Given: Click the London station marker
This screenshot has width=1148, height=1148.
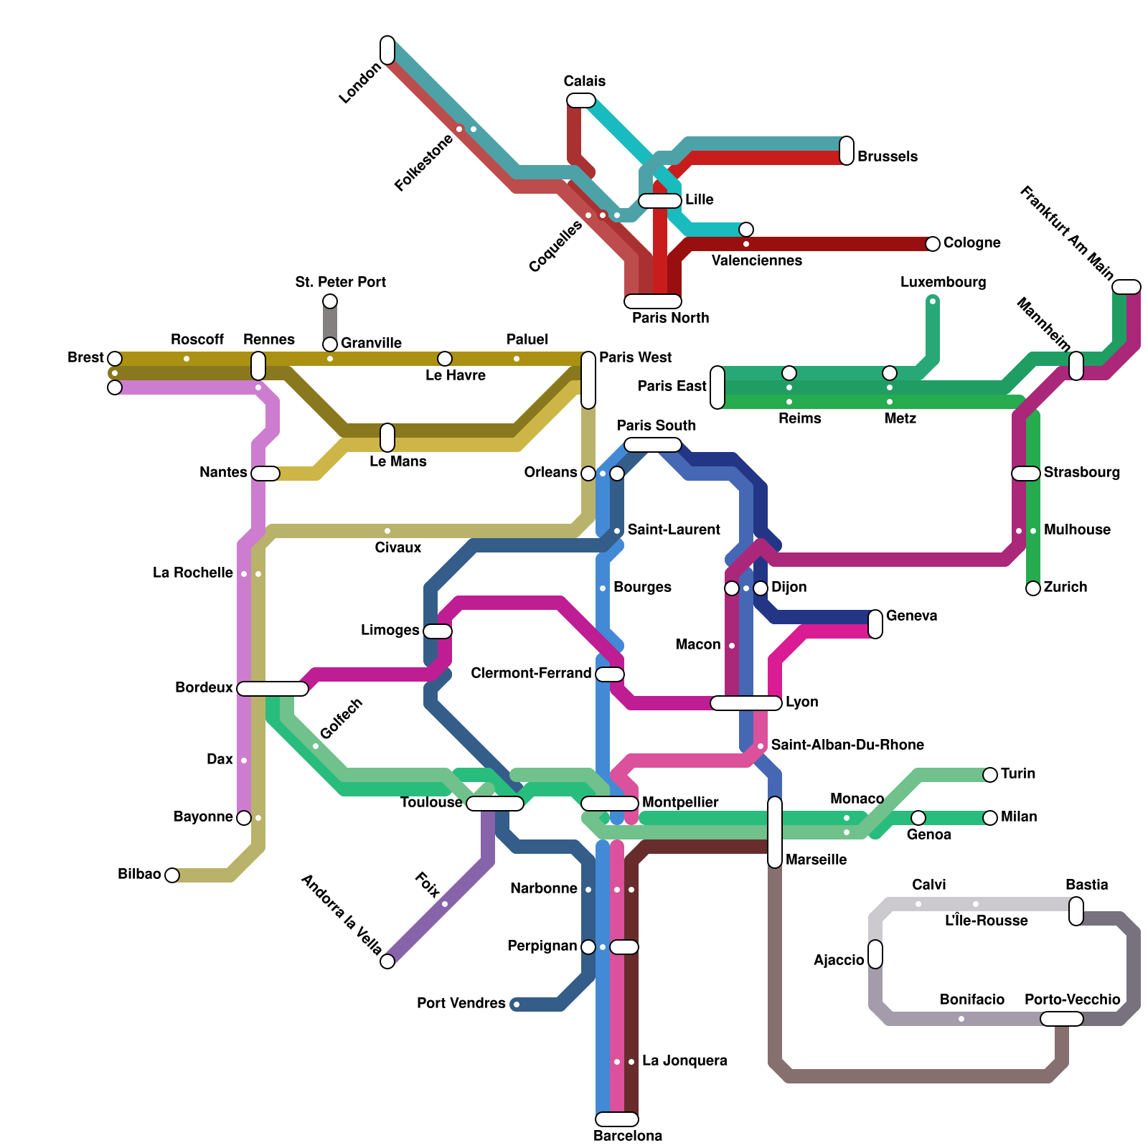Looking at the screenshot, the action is [x=387, y=50].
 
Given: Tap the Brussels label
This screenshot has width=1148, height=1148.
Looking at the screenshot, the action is [x=887, y=156].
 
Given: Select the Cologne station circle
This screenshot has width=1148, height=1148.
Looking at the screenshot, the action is [x=933, y=244].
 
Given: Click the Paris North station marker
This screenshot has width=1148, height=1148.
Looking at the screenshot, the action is [x=653, y=301].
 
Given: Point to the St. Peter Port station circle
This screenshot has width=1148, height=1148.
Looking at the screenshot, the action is [x=330, y=301].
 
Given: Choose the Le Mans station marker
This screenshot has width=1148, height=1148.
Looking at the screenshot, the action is [x=387, y=438].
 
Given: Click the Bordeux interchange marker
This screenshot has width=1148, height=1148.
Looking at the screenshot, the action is [x=273, y=689].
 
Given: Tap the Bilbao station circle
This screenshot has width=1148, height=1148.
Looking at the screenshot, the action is [x=172, y=875].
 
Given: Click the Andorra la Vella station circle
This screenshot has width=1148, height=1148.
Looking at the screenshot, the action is [x=387, y=961].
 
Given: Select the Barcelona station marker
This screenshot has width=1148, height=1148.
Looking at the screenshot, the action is [x=617, y=1119].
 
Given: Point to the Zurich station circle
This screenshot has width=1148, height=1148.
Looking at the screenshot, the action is [x=1033, y=588].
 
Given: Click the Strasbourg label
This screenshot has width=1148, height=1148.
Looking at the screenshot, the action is [x=1081, y=472].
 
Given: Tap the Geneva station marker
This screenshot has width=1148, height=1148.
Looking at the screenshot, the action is [x=875, y=624].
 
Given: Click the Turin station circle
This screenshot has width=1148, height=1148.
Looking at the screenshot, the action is [x=990, y=775].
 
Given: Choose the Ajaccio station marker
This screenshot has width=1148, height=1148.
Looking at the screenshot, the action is [x=875, y=954].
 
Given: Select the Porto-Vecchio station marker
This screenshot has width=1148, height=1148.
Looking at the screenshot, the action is [x=1062, y=1019].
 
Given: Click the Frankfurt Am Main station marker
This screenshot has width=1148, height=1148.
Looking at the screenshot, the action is [x=1126, y=287].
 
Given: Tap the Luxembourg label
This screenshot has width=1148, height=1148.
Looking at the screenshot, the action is [x=943, y=282].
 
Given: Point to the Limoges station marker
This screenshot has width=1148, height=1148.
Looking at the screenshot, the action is [x=438, y=631].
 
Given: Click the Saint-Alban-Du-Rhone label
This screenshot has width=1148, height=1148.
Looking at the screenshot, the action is [x=847, y=745].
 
